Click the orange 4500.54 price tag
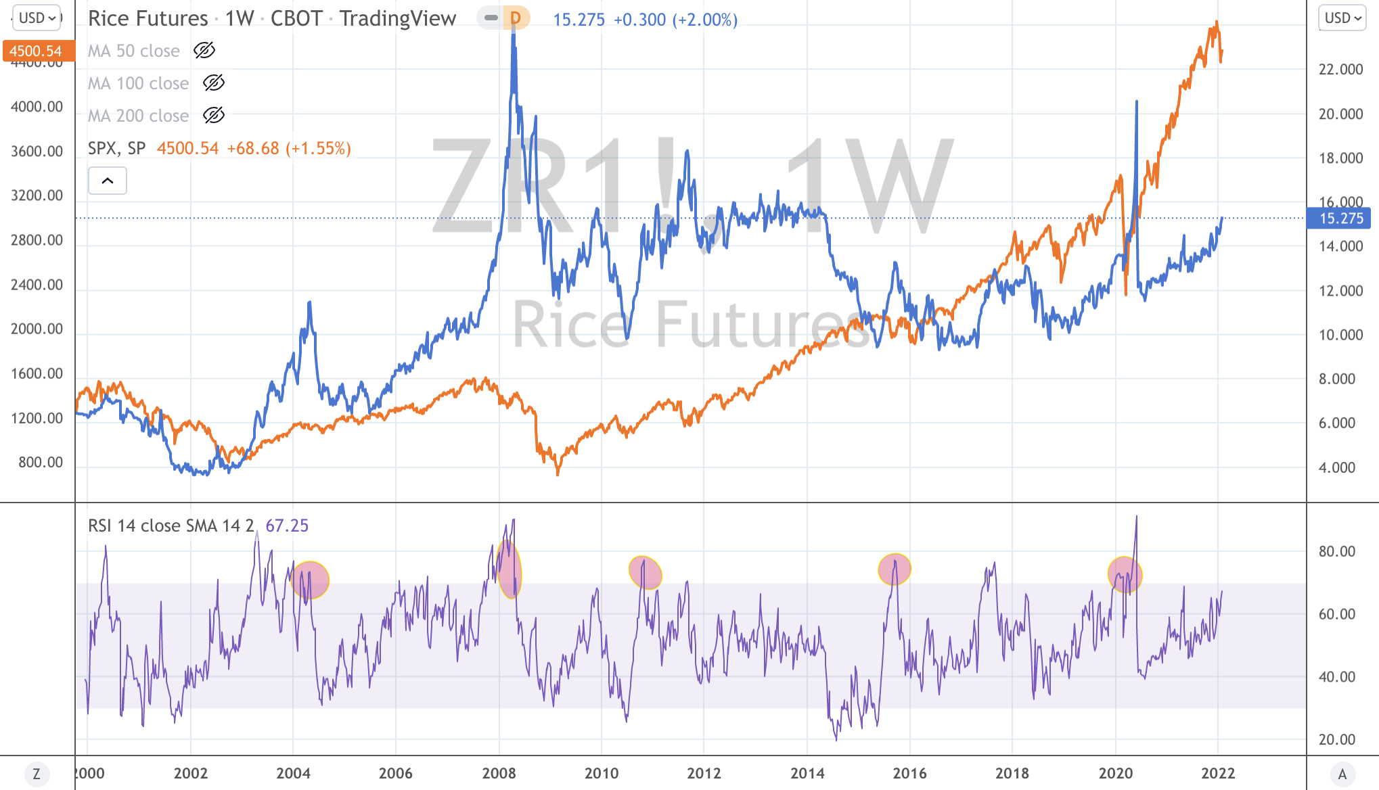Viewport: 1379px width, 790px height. (36, 51)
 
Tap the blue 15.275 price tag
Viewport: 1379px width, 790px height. (1340, 218)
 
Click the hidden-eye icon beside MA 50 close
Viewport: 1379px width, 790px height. (204, 50)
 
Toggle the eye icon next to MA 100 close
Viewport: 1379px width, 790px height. (214, 83)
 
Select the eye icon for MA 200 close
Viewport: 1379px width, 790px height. (214, 115)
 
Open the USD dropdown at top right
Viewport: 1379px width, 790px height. (1342, 18)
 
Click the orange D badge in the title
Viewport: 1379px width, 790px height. (516, 18)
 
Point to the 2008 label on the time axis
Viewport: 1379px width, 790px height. (499, 773)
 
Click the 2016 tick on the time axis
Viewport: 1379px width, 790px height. (909, 773)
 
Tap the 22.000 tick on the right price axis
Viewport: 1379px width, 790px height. (1340, 70)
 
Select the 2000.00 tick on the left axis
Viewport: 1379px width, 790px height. (37, 329)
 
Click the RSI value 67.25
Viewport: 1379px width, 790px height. (287, 526)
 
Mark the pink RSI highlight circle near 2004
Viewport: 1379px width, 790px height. (311, 580)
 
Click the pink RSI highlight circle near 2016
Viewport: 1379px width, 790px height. (895, 570)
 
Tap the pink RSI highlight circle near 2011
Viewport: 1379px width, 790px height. (646, 573)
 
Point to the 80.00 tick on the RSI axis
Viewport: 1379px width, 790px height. (1336, 551)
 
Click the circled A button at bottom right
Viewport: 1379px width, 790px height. (1342, 774)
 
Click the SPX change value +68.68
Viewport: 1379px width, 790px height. (253, 148)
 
